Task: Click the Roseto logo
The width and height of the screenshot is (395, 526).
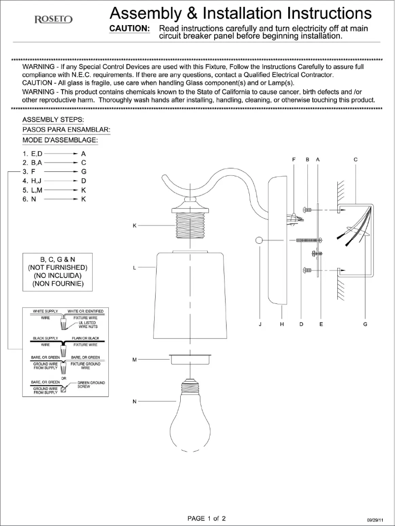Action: coord(54,20)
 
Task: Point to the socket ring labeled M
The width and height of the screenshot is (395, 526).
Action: coord(190,359)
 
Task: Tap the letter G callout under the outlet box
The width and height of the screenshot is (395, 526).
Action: coord(365,325)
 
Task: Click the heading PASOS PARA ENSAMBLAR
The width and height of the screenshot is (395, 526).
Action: coord(66,130)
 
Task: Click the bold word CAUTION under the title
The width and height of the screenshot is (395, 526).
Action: coord(130,29)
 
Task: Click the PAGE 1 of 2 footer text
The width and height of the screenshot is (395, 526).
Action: coord(207,518)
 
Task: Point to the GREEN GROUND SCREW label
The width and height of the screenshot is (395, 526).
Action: coord(91,385)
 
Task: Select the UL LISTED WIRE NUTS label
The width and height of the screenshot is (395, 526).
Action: coord(88,325)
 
